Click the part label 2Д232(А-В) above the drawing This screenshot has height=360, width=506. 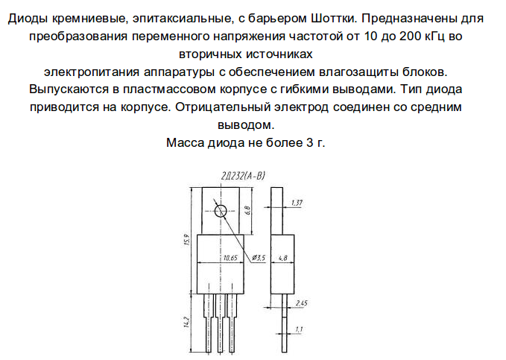(243, 176)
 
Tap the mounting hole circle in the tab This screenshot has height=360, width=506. (220, 211)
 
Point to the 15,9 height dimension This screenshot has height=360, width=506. (186, 240)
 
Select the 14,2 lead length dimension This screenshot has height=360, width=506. (186, 322)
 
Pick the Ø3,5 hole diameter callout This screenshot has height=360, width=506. (259, 258)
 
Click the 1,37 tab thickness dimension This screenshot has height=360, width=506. (297, 202)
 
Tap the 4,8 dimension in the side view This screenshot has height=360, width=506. (282, 259)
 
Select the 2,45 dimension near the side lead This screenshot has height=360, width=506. (300, 303)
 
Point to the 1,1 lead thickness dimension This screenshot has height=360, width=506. (299, 329)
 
